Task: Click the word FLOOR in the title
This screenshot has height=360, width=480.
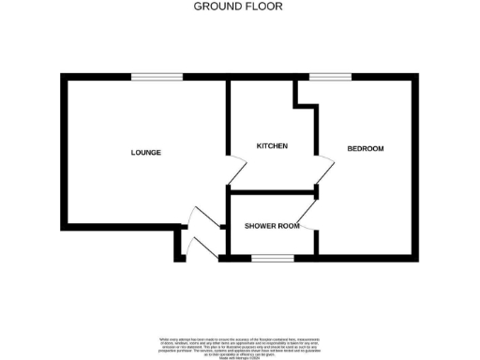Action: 264,6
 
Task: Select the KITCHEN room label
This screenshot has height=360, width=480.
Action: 272,146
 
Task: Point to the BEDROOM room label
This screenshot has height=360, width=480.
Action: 366,149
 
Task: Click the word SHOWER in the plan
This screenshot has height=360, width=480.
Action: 259,226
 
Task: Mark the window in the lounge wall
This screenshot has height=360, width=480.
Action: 143,76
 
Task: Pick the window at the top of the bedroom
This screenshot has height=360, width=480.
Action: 324,76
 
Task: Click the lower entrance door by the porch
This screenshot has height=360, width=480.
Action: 202,247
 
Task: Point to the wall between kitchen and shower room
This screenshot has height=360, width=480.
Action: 272,190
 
